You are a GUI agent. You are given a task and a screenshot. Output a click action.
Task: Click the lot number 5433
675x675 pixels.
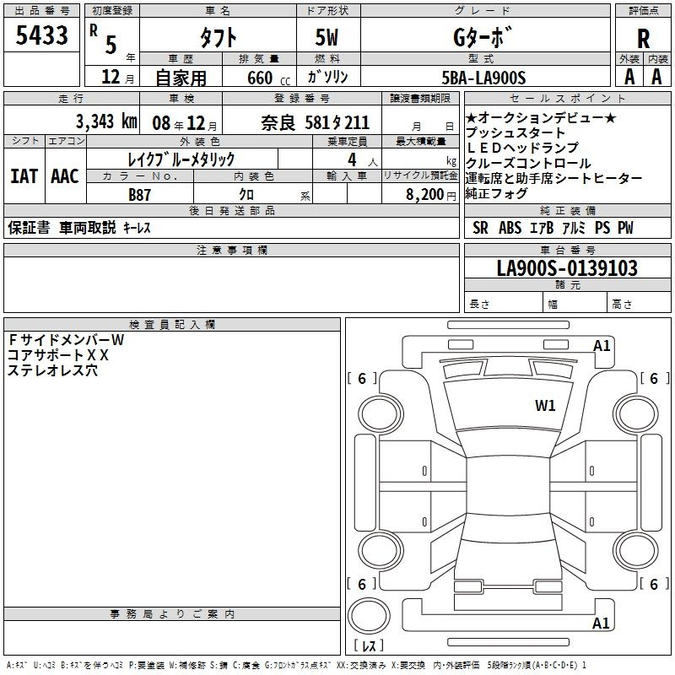point(41,35)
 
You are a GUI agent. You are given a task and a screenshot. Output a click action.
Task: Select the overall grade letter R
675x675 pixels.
point(643,39)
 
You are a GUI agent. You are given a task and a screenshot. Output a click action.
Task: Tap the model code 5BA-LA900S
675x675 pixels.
point(483,78)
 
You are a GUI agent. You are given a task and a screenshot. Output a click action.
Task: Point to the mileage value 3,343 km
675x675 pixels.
point(106,121)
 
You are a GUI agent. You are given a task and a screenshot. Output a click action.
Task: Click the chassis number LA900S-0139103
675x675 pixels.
point(567,268)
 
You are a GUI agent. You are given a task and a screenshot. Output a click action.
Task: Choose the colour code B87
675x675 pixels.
point(139,195)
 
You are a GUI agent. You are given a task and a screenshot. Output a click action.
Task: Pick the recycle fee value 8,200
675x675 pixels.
point(424,195)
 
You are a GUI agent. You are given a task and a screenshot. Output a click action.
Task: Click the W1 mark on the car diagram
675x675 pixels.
point(545,405)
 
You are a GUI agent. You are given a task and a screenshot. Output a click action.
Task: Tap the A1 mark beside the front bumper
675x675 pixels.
point(602,346)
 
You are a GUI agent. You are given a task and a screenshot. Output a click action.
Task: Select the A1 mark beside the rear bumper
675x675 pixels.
point(601,623)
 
